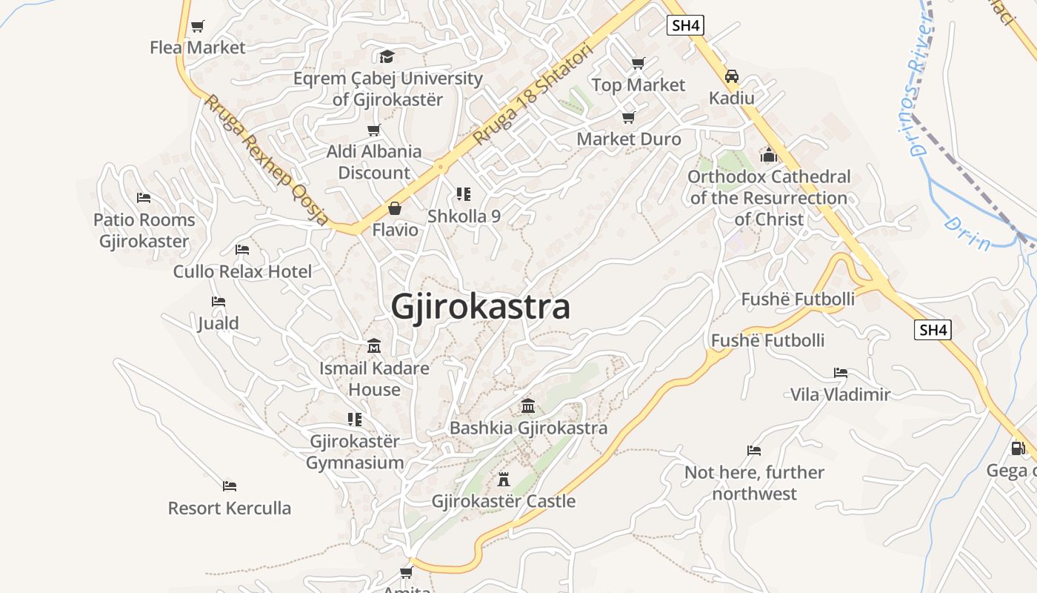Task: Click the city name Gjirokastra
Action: pos(481,306)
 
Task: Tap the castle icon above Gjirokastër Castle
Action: pos(504,479)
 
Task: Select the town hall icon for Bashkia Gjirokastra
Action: pos(528,405)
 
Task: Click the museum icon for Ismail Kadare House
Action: pos(374,346)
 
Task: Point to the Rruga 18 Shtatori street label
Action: pos(533,94)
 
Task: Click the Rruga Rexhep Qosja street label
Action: pos(267,159)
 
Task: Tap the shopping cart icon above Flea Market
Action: pos(197,27)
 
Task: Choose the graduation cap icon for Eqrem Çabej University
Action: pos(387,56)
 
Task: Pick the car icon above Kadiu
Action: pos(732,76)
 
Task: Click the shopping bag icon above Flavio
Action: pos(395,208)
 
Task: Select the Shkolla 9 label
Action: pos(464,216)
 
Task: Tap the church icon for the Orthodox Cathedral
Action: pos(769,155)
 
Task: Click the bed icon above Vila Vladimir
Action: pos(840,372)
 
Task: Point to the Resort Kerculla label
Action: pos(230,508)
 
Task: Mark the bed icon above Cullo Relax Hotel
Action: pos(242,249)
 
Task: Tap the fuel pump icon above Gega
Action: pos(1018,448)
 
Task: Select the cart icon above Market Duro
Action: pos(629,117)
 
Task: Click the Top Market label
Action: pos(638,85)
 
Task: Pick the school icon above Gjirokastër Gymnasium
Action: pos(355,420)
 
